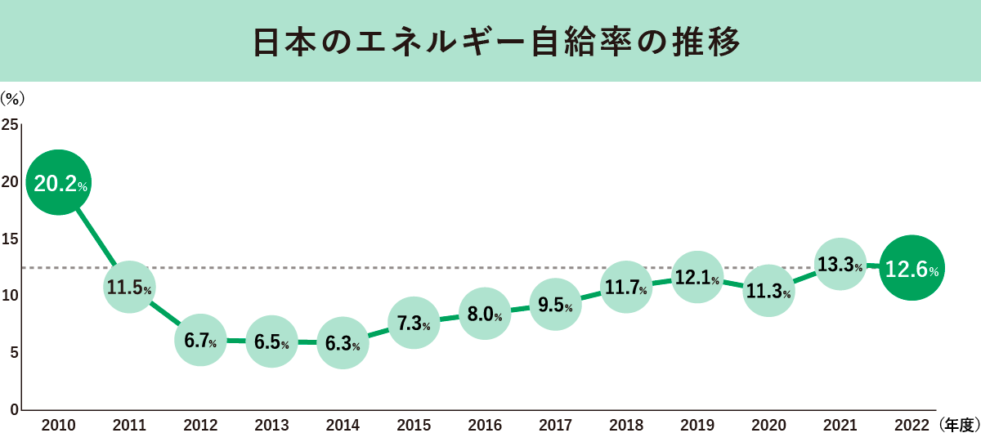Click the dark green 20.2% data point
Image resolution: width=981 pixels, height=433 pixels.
coord(58,183)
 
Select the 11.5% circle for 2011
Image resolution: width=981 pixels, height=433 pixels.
coord(128,287)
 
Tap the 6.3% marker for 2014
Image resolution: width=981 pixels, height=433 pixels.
coord(343,343)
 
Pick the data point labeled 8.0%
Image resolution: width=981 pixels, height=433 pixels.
coord(485,313)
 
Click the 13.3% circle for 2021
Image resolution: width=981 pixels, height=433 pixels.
coord(840,264)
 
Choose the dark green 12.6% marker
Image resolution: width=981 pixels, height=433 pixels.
coord(912,268)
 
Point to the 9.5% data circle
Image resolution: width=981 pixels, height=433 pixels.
coord(555,306)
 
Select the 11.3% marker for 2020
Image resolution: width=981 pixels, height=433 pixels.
coord(768,290)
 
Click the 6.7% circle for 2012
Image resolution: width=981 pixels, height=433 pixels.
coord(200,341)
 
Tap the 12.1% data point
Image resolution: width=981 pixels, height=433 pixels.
coord(697,278)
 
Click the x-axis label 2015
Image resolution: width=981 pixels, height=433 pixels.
coord(414,424)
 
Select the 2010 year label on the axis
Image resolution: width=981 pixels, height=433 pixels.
coord(58,424)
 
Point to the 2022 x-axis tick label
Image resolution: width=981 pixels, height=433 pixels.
coord(912,424)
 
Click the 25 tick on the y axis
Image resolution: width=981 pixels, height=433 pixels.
coord(10,125)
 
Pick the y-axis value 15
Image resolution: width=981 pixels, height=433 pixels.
coord(10,239)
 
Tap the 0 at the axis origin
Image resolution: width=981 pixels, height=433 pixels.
coord(14,409)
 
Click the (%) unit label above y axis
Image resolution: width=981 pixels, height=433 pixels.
coord(13,97)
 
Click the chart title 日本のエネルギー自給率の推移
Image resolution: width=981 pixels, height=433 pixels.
coord(490,42)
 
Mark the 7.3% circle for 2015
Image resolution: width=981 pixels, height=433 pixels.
coord(414,323)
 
